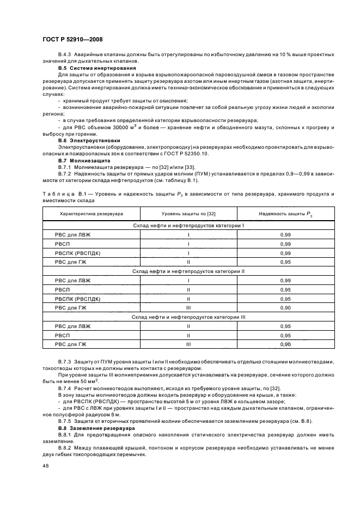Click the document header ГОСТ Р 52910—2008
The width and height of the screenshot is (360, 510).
pos(72,39)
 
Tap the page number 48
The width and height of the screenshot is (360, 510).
pos(46,466)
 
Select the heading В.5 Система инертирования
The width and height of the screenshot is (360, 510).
pos(89,68)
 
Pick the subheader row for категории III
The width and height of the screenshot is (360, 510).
pos(188,317)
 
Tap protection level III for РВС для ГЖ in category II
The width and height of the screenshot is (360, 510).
pos(188,307)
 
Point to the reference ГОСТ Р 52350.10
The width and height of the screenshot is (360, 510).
pos(176,154)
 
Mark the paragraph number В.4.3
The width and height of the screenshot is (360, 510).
pos(66,54)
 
